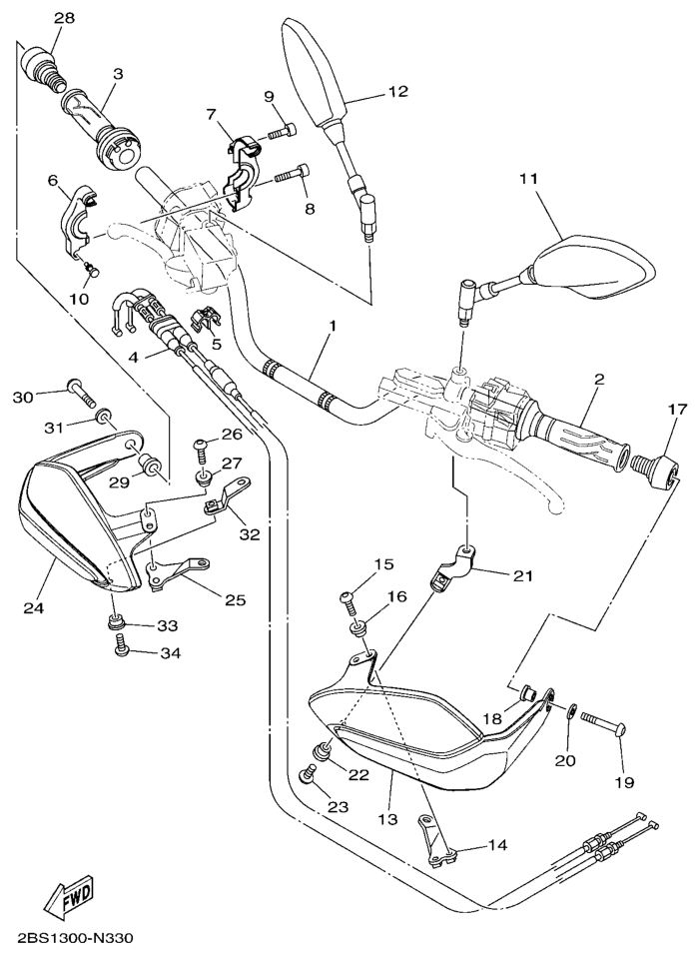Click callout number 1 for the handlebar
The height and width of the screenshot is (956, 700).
(x=331, y=326)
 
